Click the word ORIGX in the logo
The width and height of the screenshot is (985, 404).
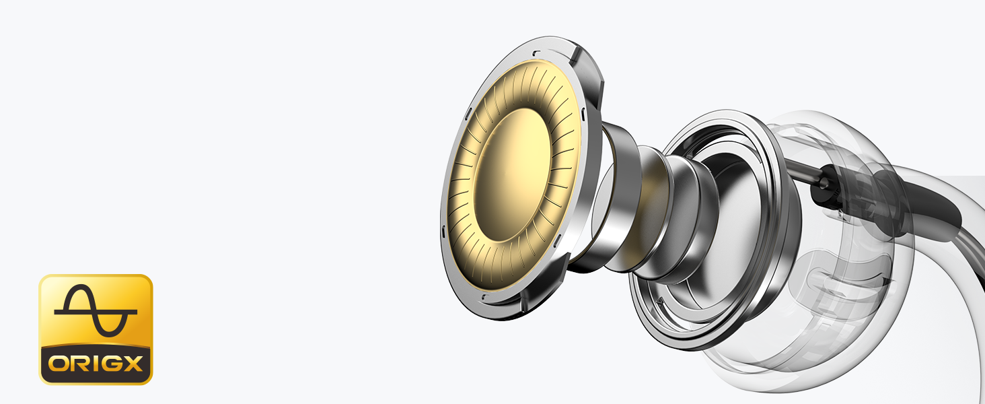(96, 364)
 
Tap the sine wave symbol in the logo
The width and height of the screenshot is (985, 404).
(96, 310)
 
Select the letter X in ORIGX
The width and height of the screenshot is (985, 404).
(132, 364)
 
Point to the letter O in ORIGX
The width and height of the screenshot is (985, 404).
(58, 364)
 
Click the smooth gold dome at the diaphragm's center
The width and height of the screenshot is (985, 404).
(513, 175)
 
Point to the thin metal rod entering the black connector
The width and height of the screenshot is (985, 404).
(803, 171)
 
